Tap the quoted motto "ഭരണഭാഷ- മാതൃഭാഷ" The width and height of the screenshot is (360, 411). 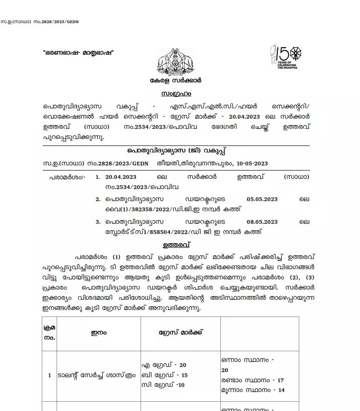click(x=77, y=52)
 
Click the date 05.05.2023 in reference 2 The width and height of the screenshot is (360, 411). click(x=263, y=199)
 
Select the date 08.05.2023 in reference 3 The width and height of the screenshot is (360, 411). click(x=263, y=222)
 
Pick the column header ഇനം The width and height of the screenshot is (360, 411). click(x=91, y=332)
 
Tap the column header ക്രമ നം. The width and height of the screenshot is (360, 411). click(x=49, y=332)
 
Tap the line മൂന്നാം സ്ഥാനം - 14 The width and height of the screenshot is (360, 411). click(x=253, y=390)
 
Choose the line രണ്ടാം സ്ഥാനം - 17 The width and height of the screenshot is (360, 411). click(x=253, y=380)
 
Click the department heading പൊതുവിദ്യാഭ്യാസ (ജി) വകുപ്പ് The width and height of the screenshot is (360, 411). click(x=176, y=152)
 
